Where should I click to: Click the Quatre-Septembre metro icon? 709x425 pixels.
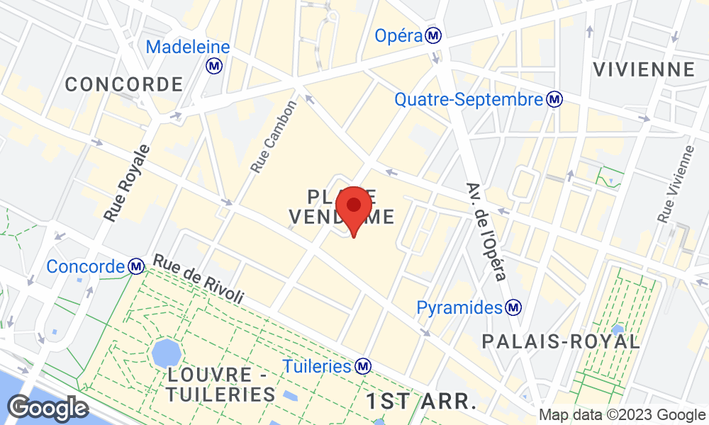pos(555,100)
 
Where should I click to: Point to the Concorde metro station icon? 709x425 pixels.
pos(136,266)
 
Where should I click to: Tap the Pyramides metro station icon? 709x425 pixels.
pos(514,307)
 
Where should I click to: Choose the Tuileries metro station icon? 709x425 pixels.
pos(364,366)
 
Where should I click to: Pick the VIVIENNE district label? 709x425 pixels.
pos(644,69)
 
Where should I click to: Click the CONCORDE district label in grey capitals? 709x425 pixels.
pos(124,85)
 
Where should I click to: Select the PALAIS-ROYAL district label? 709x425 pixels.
pos(561,341)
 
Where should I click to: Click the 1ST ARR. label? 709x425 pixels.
pos(421,402)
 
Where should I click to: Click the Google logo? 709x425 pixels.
pos(48,408)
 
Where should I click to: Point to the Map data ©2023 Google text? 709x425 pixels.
pos(622,416)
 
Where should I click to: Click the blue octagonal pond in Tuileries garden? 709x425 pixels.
pos(166,351)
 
